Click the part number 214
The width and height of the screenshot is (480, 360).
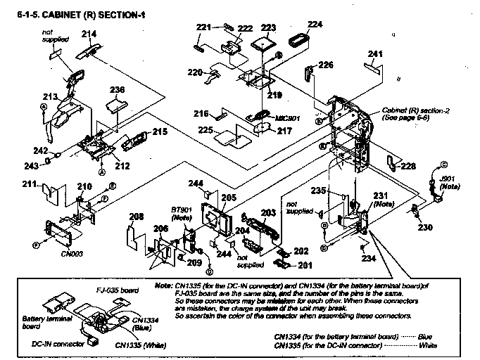pos(89,34)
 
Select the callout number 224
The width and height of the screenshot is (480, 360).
pos(315,23)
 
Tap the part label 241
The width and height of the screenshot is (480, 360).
pos(376,54)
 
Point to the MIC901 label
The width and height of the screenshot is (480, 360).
pos(286,118)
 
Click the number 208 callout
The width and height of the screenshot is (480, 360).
pos(136,217)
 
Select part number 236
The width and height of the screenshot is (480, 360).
pos(117,90)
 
